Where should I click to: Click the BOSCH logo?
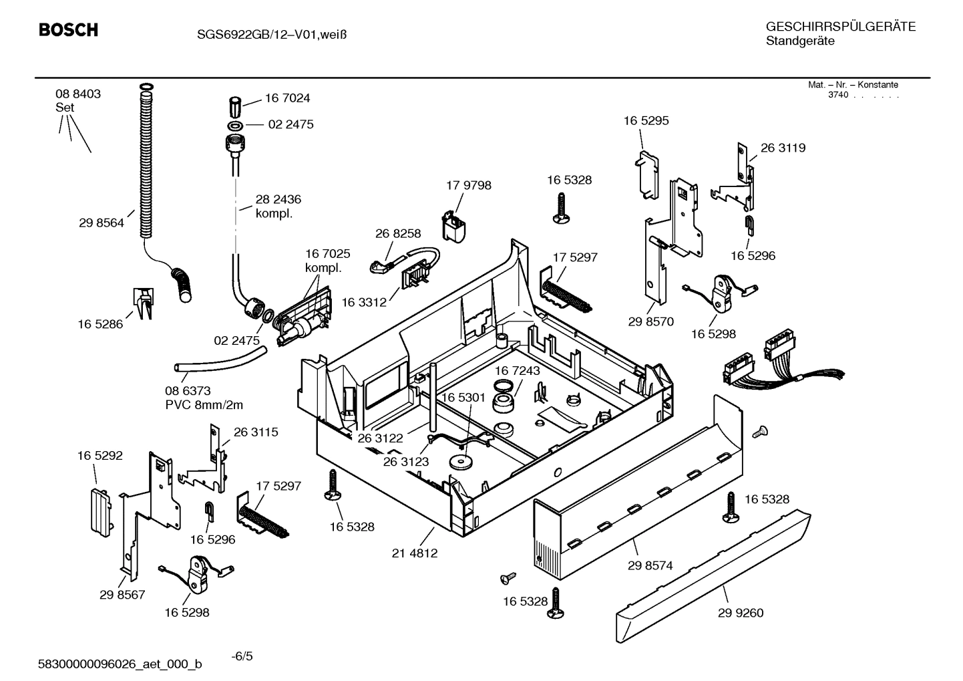(x=68, y=30)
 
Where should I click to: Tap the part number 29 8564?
(x=102, y=223)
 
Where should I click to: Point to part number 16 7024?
(x=287, y=98)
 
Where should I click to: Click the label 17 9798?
(x=468, y=185)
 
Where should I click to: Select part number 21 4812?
(x=415, y=553)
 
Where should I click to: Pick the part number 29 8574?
(x=650, y=565)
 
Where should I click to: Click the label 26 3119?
(x=783, y=148)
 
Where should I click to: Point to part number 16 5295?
(x=646, y=121)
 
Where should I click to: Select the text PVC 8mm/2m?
(x=204, y=405)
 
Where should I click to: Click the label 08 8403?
(x=78, y=94)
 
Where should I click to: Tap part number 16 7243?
(x=518, y=370)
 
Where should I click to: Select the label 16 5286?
(x=100, y=324)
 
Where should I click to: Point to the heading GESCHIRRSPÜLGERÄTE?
(x=840, y=27)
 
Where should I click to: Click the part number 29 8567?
(x=122, y=595)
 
